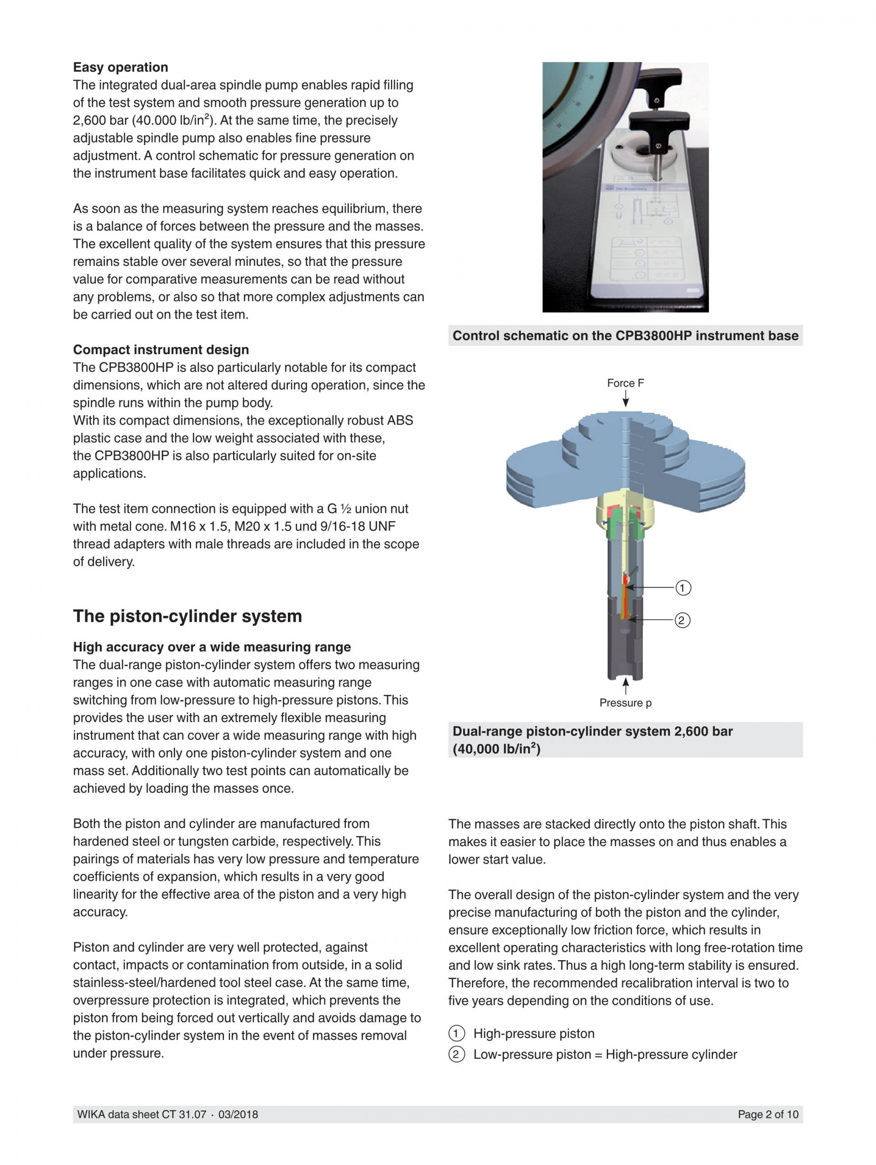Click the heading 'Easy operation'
(120, 68)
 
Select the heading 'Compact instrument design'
(161, 350)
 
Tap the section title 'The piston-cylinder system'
(187, 616)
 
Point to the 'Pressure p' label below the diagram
(625, 703)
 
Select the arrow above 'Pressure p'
(625, 686)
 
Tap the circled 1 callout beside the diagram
(683, 588)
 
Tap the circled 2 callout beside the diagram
(682, 620)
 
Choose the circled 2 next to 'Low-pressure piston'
(456, 1055)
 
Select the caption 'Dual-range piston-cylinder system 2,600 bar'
(593, 732)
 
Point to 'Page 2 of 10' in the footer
(768, 1114)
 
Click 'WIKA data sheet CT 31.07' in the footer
(141, 1114)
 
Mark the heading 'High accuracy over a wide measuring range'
(212, 647)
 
